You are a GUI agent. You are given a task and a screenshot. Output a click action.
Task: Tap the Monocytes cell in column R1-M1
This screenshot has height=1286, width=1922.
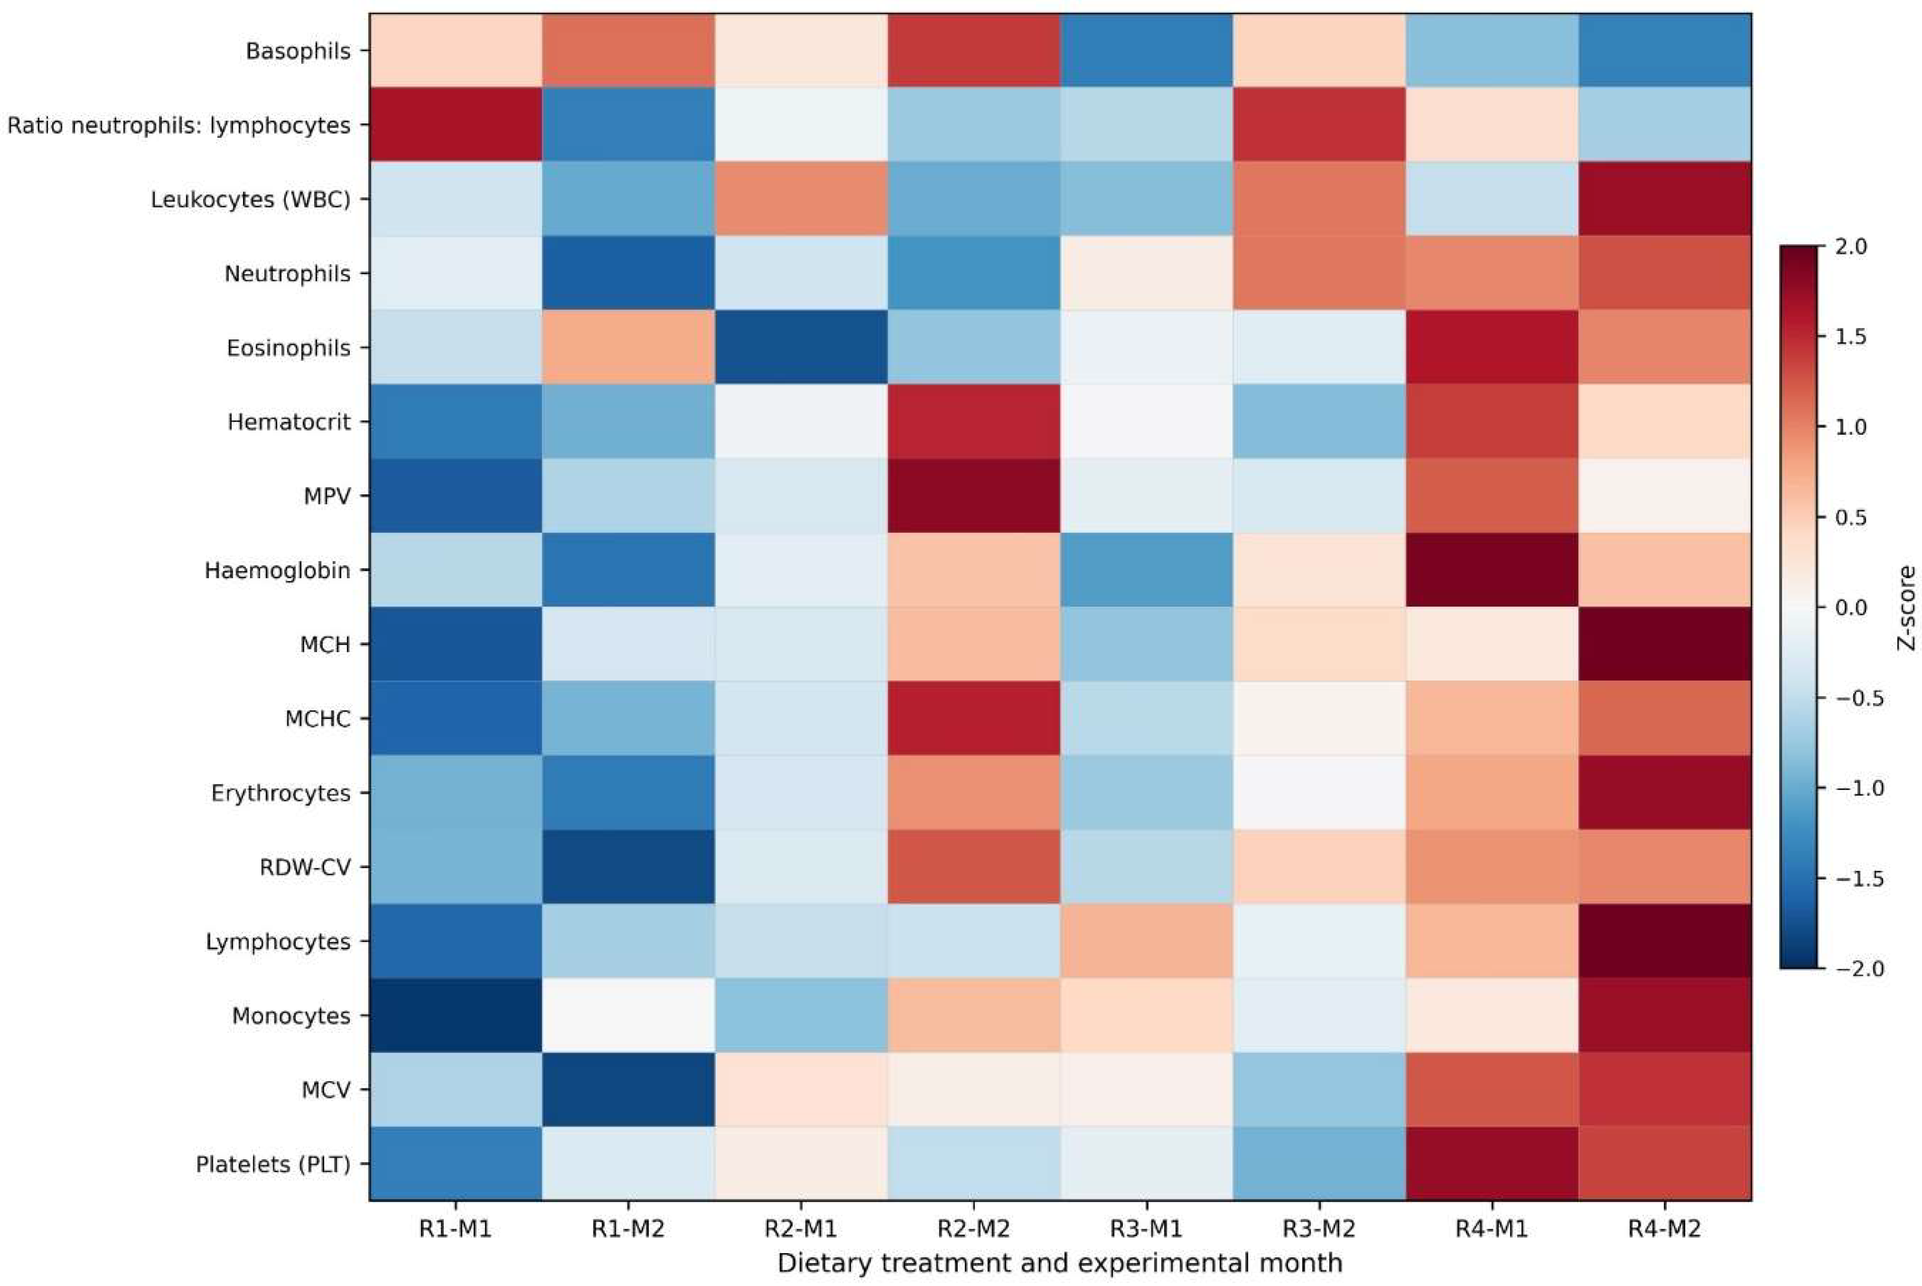tap(455, 1015)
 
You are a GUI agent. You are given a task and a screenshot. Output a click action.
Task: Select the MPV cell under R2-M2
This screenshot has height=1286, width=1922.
tap(974, 496)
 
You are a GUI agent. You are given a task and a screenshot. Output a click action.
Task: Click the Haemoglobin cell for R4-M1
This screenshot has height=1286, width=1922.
tap(1492, 570)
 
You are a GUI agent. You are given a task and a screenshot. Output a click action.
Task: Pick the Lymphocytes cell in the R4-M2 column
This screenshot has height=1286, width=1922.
tap(1665, 941)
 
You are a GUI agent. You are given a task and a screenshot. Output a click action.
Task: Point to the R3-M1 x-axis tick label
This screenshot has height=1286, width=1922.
tap(1146, 1229)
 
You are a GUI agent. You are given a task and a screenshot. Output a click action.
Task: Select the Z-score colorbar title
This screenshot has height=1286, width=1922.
tap(1906, 608)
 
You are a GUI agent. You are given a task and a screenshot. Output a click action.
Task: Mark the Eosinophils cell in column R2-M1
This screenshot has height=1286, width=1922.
tap(801, 347)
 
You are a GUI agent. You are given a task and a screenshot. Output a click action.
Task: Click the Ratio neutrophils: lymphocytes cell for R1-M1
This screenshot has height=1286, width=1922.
tap(455, 125)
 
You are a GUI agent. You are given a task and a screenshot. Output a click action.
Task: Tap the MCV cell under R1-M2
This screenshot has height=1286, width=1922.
tap(628, 1090)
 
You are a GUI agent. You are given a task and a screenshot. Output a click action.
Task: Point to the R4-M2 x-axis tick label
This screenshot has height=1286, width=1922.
tap(1665, 1229)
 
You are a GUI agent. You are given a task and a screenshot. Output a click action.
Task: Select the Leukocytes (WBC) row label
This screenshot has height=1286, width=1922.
tap(250, 199)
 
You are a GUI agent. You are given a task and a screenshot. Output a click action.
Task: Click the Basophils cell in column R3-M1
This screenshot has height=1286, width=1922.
tap(1146, 51)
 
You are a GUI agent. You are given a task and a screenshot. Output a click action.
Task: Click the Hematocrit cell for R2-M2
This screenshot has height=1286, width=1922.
tap(974, 421)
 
